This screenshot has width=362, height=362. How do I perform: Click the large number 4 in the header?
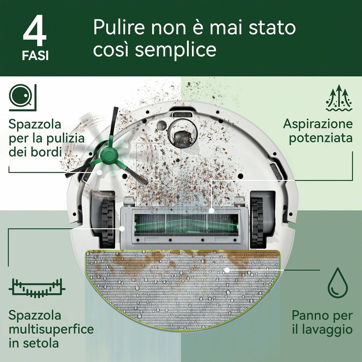pos(35,31)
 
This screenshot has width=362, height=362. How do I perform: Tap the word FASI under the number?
pos(35,56)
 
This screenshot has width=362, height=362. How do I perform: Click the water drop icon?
pos(338,283)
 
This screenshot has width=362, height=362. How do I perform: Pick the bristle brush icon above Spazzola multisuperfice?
pos(37,287)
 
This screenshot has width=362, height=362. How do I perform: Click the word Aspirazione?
pos(318,124)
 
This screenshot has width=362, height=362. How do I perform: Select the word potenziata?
pos(321,138)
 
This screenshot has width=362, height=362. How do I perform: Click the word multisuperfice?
pos(51,329)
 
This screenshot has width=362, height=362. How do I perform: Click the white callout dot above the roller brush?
pos(211,211)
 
